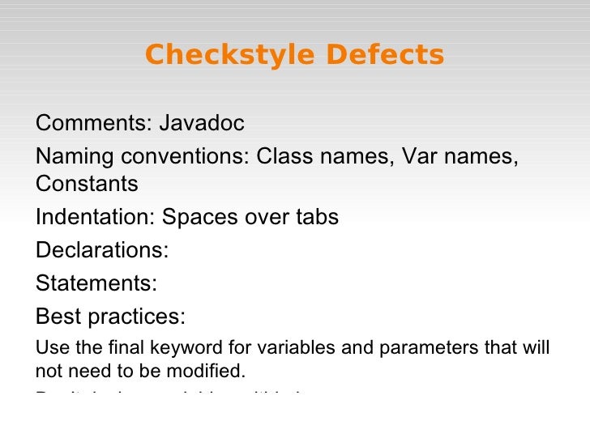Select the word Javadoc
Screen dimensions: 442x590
click(x=202, y=124)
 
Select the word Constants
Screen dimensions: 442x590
click(x=87, y=185)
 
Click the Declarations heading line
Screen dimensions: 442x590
click(x=102, y=250)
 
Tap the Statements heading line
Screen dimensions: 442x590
click(x=96, y=283)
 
